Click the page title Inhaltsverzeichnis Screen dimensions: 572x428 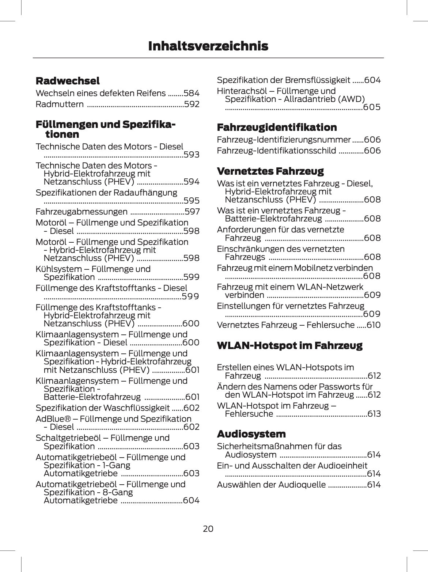tap(208, 46)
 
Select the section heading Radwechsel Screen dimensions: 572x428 tap(68, 81)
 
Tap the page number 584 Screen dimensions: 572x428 tap(192, 94)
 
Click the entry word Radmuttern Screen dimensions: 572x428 tap(60, 105)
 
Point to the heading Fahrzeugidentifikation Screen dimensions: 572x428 tap(277, 128)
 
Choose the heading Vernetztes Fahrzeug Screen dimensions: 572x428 tap(270, 171)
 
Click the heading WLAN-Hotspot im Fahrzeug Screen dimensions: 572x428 tap(289, 345)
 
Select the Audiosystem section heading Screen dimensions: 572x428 tap(251, 434)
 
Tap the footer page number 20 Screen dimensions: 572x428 tap(208, 529)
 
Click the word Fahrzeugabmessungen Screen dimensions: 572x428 tap(82, 212)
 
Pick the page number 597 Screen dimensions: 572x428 tap(192, 212)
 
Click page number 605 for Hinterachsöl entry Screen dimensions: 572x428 tap(372, 107)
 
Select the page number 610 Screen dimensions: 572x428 tap(373, 325)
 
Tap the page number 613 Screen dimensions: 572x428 tap(374, 414)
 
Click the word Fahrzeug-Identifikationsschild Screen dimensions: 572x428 tap(276, 151)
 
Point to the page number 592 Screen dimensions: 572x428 tap(192, 105)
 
